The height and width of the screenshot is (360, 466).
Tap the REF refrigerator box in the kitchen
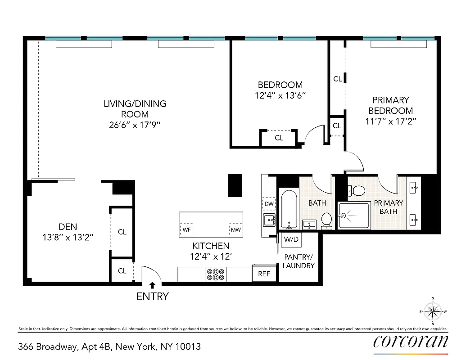coord(264,274)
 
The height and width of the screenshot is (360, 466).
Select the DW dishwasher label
coord(269,204)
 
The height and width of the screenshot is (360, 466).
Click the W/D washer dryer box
coord(291,239)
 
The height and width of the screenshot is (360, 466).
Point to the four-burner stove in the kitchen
coord(216,274)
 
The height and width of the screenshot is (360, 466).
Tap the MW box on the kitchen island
coord(236,230)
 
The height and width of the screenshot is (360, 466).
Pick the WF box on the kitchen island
coord(186,230)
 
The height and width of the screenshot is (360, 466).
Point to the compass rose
coord(433,311)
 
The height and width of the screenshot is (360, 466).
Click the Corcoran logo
coord(411,342)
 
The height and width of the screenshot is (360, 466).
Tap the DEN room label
coord(68,227)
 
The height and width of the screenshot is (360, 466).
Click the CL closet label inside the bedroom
coord(279,138)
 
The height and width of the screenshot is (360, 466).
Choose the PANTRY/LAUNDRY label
coord(299,261)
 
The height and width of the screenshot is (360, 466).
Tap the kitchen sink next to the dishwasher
coord(269,220)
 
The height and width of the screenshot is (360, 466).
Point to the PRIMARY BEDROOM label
coord(390,105)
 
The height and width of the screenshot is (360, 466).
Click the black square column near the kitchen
coord(235,185)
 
